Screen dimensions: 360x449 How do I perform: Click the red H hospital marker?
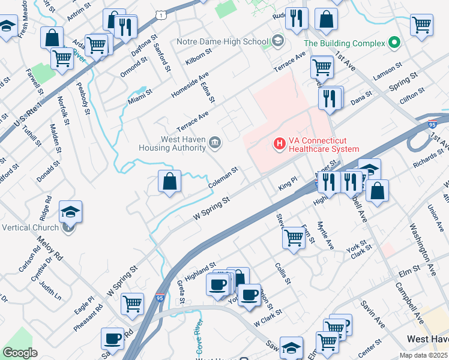(x=279, y=144)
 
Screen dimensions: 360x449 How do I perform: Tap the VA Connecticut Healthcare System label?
(x=324, y=145)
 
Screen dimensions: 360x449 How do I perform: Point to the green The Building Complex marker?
(x=394, y=43)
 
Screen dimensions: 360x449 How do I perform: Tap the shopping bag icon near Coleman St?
(x=170, y=181)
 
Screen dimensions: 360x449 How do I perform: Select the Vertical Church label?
(x=30, y=227)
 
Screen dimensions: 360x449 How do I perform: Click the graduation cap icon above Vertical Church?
(x=70, y=212)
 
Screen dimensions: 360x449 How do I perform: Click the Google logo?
(x=20, y=353)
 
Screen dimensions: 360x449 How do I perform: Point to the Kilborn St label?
(x=199, y=56)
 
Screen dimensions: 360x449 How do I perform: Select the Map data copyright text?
(x=423, y=355)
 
